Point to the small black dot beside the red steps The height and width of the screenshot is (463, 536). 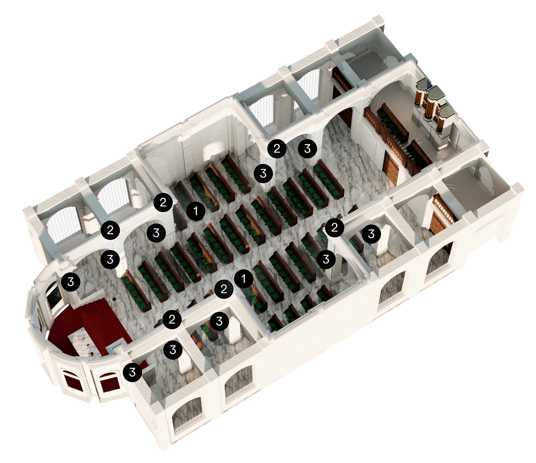click(114, 299)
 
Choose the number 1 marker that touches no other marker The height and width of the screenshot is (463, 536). click(196, 211)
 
